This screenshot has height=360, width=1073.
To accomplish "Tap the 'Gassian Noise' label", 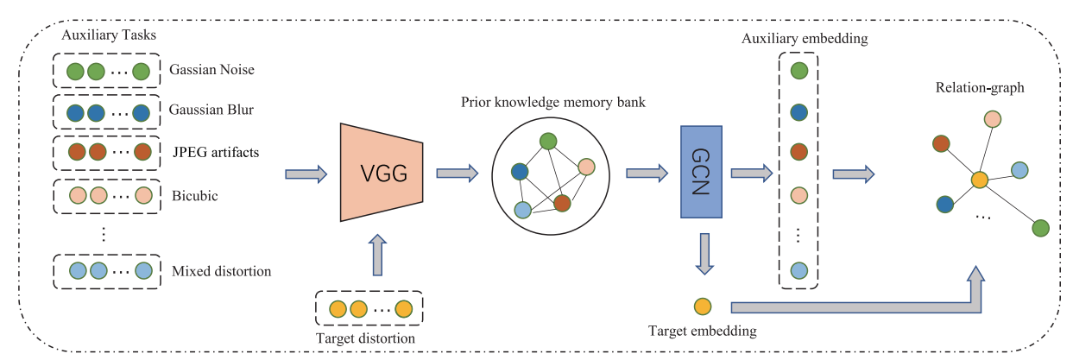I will (212, 70).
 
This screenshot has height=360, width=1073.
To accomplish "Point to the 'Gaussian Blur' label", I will (211, 111).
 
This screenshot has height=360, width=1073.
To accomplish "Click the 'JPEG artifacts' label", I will (215, 153).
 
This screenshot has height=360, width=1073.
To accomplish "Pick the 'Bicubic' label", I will (194, 195).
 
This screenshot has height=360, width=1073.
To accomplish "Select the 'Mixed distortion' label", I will (222, 271).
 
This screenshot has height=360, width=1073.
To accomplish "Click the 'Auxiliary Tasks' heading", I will (103, 41).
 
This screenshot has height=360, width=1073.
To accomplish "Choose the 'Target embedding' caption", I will (702, 331).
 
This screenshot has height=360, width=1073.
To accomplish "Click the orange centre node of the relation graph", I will (979, 180).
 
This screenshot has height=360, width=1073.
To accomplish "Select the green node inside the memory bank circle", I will (547, 141).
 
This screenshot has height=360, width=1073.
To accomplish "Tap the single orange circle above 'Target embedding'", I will (703, 306).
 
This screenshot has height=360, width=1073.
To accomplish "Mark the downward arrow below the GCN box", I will (704, 254).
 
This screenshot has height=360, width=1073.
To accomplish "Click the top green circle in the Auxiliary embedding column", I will (799, 70).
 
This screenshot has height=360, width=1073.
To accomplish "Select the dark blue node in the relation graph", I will (944, 204).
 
